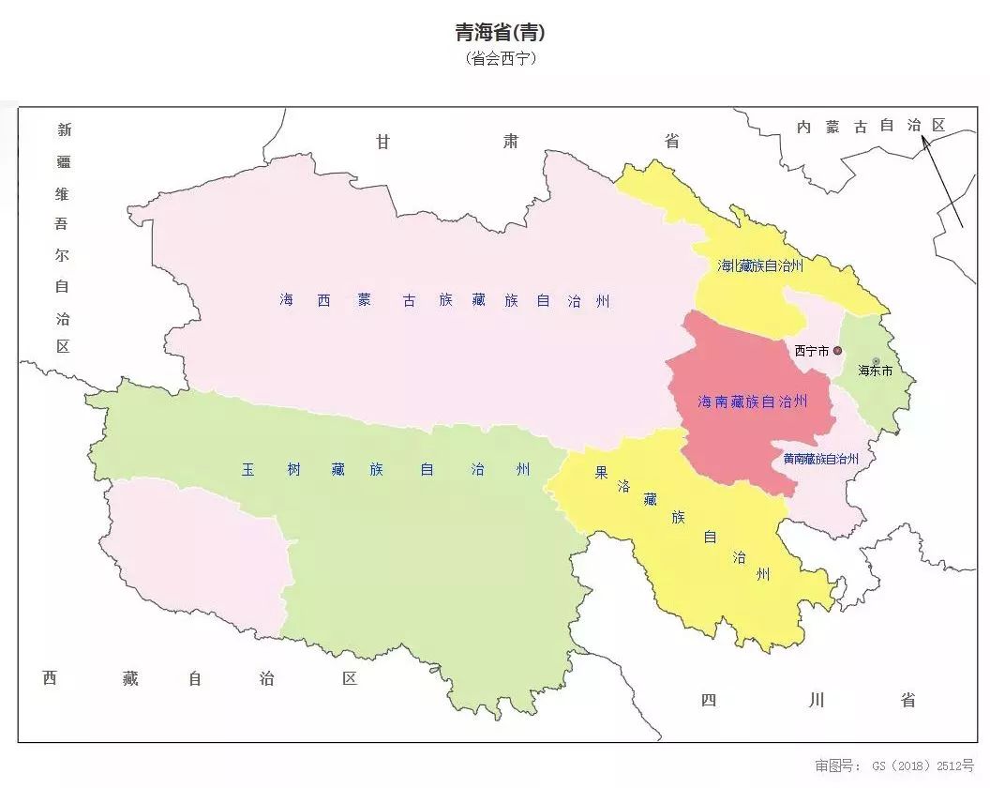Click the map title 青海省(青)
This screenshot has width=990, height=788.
coord(500,33)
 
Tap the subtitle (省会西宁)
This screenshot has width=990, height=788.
coord(500,58)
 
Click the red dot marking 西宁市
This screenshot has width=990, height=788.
coord(837,351)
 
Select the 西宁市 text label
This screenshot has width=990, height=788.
coord(811,351)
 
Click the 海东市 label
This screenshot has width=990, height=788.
coord(875,371)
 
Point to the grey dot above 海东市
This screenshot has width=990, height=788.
coord(877,360)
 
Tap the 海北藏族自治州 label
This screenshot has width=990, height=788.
coord(760,265)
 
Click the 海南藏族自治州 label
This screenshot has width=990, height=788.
coord(752,402)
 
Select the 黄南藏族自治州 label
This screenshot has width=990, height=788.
coord(821,459)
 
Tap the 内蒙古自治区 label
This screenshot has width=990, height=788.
coord(870,126)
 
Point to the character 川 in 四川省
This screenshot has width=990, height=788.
coord(816,700)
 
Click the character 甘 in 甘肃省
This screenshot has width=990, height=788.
coord(383,142)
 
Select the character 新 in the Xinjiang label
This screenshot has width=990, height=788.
coord(63,130)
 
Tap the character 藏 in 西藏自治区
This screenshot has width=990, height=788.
coord(129,678)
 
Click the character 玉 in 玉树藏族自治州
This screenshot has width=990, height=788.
coord(247,470)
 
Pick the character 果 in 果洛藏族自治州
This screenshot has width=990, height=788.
coord(601,473)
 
